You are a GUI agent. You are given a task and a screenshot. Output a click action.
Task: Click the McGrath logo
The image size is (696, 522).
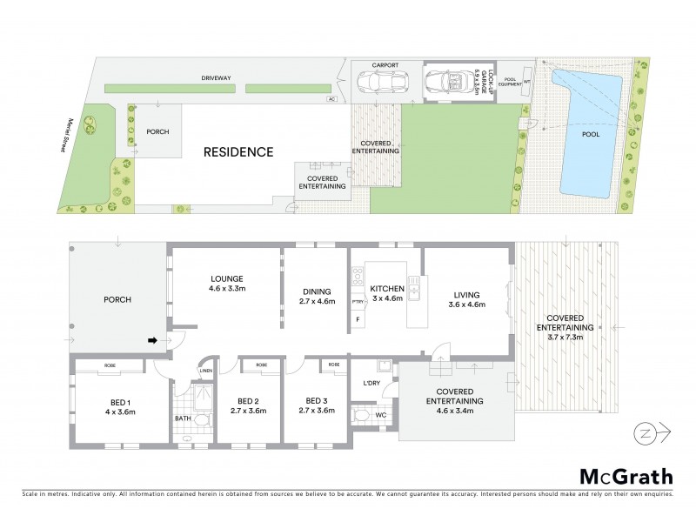tap(626, 476)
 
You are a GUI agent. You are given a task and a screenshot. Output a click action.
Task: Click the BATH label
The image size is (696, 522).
tap(182, 418)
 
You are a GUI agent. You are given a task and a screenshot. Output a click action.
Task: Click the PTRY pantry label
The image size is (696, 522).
tap(357, 302)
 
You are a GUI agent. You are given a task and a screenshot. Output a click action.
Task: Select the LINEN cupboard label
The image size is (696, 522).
tap(205, 371)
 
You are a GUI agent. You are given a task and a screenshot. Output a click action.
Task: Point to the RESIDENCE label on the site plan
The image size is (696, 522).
tap(238, 152)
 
